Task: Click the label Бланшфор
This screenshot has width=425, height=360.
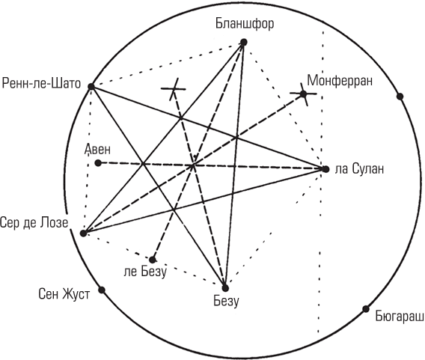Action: [x=245, y=24]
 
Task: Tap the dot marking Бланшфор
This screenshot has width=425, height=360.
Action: [x=244, y=43]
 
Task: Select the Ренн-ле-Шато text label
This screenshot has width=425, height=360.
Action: [x=41, y=83]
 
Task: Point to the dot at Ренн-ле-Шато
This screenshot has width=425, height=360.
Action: [x=91, y=87]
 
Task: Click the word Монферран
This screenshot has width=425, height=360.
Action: [x=340, y=81]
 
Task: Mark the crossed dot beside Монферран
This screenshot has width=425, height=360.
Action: [x=303, y=94]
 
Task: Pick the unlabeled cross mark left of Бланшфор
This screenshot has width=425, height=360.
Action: [x=174, y=88]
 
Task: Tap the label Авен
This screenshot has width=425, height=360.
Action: [x=97, y=150]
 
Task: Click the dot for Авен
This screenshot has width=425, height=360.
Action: [x=98, y=163]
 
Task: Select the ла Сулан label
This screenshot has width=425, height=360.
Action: [x=359, y=169]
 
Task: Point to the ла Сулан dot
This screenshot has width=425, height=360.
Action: [x=325, y=169]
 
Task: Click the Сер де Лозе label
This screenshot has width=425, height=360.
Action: [x=34, y=222]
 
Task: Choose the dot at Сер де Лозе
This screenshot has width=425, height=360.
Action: [x=84, y=233]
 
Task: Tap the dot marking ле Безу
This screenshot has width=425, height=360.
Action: [x=153, y=260]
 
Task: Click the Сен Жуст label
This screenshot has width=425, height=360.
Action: [x=64, y=294]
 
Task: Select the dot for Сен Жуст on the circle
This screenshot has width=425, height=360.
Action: [x=102, y=290]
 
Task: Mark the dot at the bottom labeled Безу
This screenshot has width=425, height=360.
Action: [x=225, y=288]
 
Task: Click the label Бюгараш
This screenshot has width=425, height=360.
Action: [x=400, y=317]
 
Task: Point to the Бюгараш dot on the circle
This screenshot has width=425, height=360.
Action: [x=366, y=309]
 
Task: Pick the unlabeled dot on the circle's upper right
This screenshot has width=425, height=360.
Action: [x=400, y=97]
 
